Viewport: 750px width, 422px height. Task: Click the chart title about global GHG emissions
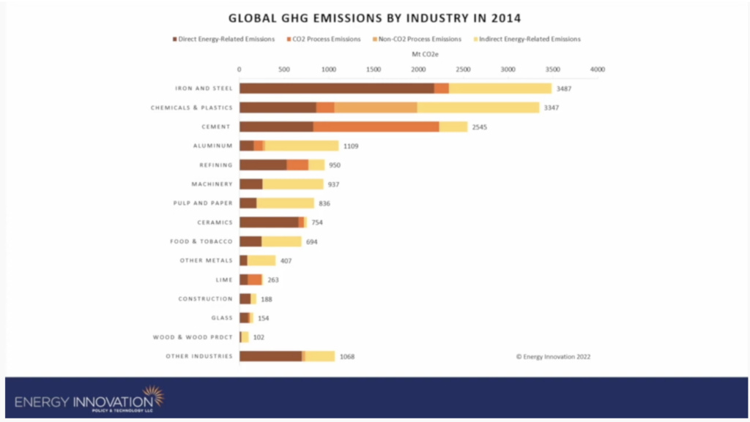(x=374, y=17)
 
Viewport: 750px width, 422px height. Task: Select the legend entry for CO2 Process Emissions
(x=316, y=39)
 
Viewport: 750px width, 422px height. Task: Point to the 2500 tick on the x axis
(x=463, y=69)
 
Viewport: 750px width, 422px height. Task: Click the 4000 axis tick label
(x=597, y=69)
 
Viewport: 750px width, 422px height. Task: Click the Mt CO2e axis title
(x=419, y=54)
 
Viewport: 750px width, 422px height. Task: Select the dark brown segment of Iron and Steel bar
(x=336, y=88)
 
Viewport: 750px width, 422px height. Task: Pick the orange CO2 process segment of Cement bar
(x=376, y=127)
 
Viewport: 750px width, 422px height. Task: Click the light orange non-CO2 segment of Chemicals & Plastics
(x=376, y=108)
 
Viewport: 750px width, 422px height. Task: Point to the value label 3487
(x=564, y=88)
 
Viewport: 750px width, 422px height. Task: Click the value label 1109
(x=351, y=146)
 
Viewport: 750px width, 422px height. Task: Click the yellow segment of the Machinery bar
(x=292, y=184)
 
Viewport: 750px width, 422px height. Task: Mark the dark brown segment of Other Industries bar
(x=270, y=356)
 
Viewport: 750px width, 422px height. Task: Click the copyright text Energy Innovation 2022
(x=553, y=357)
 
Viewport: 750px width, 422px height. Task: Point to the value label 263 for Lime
(x=273, y=280)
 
